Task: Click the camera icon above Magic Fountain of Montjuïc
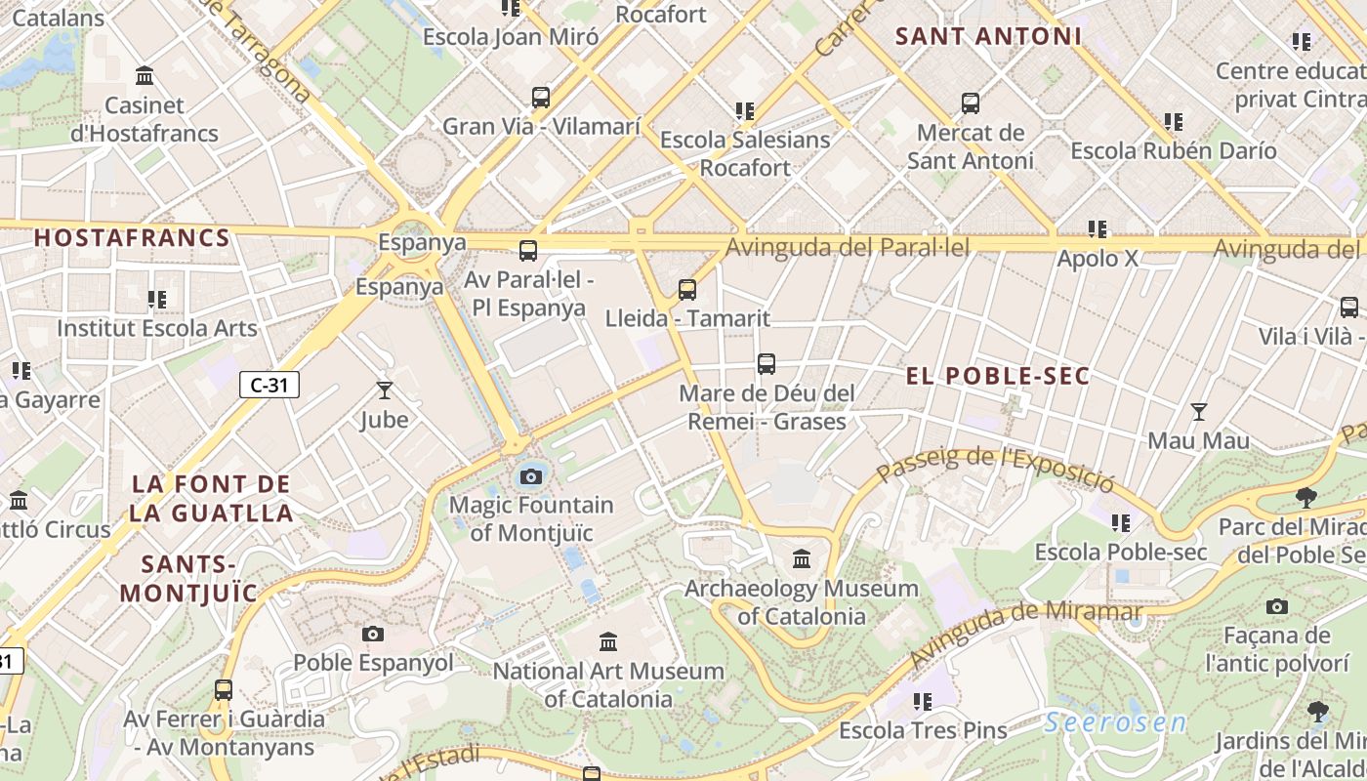[x=530, y=476]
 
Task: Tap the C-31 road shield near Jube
[x=269, y=385]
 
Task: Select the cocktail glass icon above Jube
[x=384, y=390]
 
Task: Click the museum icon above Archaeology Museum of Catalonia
[x=802, y=559]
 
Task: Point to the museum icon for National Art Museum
[x=608, y=641]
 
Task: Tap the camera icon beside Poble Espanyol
[x=372, y=635]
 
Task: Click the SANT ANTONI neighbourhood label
[x=988, y=37]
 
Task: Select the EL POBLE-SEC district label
[x=997, y=377]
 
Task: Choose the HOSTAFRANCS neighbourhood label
[x=132, y=237]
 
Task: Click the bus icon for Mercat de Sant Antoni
[x=970, y=103]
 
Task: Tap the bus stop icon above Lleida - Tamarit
[x=687, y=290]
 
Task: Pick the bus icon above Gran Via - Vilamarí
[x=541, y=98]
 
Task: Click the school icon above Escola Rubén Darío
[x=1173, y=122]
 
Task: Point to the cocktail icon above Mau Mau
[x=1198, y=412]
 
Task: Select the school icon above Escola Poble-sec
[x=1120, y=523]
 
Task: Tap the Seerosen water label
[x=1115, y=723]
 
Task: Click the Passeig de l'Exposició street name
[x=994, y=467]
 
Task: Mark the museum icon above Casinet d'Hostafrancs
[x=145, y=75]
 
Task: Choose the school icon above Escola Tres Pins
[x=922, y=701]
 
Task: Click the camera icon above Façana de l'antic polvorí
[x=1276, y=607]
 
